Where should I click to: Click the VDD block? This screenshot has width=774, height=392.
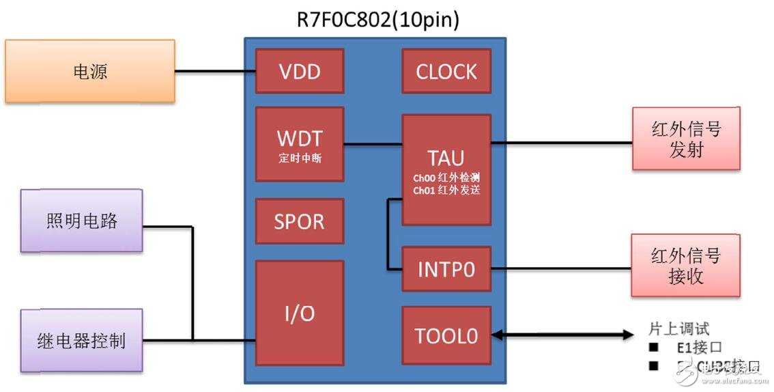coord(299,71)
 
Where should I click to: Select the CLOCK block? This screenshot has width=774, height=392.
coord(446,71)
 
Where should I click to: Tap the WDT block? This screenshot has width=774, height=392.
coord(299,143)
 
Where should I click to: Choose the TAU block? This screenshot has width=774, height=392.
coord(446,169)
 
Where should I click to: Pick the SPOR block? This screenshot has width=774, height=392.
coord(299,222)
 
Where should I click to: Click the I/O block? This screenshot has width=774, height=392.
coord(299,313)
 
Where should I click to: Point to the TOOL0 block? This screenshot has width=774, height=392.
coord(446,335)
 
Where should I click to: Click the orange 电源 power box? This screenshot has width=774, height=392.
coord(90,71)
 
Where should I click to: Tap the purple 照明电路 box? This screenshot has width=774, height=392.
coord(82,221)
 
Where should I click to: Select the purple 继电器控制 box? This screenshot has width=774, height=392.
coord(82,340)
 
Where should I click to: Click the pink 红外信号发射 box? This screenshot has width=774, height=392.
coord(686,139)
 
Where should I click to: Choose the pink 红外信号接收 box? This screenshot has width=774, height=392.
coord(685,266)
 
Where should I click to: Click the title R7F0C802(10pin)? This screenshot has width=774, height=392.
coord(377,19)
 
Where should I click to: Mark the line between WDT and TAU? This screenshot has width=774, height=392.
coord(373,143)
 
